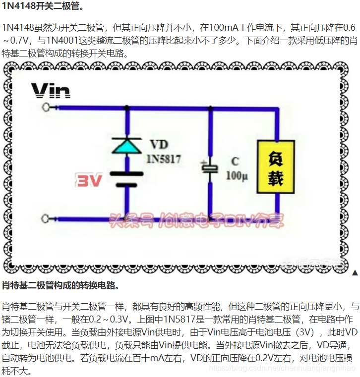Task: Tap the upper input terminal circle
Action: [48, 107]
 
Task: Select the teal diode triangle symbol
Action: [126, 146]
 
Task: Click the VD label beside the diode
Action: [159, 145]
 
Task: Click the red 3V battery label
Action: [89, 181]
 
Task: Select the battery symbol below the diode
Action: [126, 179]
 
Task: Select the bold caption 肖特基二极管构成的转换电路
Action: [60, 286]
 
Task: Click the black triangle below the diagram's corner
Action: [355, 273]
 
